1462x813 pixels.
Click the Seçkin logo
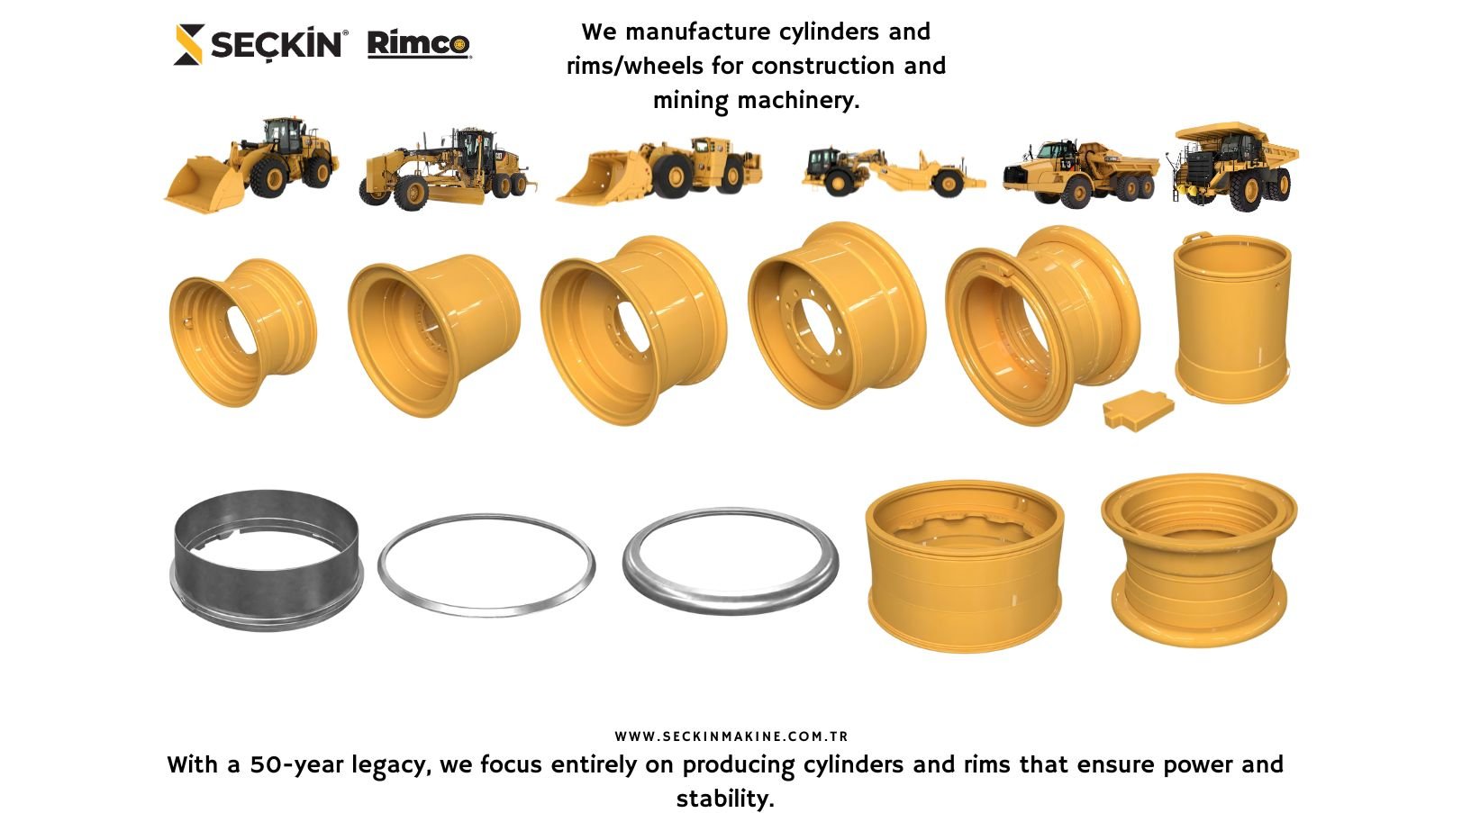point(260,44)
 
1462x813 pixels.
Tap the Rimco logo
point(419,44)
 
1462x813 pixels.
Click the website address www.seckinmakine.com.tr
point(731,736)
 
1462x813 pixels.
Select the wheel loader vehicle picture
point(251,165)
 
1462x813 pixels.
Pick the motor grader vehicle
point(448,168)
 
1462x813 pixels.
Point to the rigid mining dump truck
point(1233,167)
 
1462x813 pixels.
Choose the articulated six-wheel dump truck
point(1081,173)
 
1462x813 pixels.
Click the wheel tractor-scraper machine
point(894,172)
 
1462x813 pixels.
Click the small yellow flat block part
point(1139,410)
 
